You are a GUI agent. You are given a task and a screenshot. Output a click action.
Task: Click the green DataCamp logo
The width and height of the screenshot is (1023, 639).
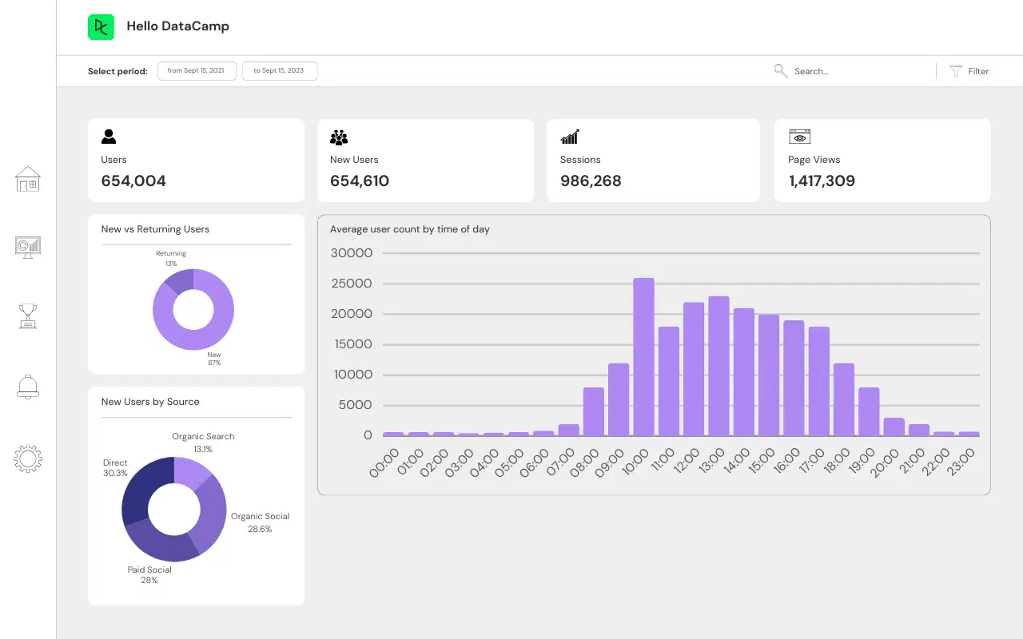click(101, 27)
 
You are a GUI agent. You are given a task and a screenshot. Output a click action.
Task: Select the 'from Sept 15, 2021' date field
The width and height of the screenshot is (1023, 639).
click(197, 71)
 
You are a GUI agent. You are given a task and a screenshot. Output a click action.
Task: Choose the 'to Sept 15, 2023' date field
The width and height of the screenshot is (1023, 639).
click(280, 71)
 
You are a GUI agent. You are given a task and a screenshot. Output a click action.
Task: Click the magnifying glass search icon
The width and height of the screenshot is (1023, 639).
click(781, 71)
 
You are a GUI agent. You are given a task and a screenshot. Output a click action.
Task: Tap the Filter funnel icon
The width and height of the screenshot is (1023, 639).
click(955, 71)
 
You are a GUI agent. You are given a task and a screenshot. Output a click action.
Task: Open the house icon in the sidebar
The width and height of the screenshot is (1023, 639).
click(28, 179)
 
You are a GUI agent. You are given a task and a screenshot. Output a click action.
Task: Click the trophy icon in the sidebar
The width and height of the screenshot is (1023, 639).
click(28, 316)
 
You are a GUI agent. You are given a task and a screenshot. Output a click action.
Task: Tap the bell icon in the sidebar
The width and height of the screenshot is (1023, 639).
click(28, 387)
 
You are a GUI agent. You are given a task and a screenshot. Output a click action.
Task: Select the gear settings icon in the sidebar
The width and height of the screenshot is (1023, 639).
click(28, 458)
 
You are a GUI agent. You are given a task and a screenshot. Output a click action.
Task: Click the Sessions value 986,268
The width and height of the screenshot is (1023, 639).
click(591, 181)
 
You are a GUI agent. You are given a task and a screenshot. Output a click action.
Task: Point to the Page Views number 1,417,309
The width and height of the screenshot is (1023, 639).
click(822, 181)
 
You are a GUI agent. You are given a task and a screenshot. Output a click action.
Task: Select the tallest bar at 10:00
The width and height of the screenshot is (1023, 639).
click(643, 357)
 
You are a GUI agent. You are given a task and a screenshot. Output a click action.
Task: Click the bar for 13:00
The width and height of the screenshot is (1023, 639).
click(718, 366)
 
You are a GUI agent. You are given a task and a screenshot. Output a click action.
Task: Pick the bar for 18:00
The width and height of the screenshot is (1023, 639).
click(844, 399)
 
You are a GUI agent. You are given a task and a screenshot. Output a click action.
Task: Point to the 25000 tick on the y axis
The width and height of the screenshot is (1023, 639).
click(351, 284)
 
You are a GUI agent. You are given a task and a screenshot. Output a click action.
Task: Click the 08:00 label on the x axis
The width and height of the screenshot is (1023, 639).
click(584, 462)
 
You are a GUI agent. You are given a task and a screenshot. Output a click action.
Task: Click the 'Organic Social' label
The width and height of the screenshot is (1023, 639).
click(260, 516)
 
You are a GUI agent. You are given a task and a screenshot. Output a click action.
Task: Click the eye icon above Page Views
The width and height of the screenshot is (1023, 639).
click(800, 137)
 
